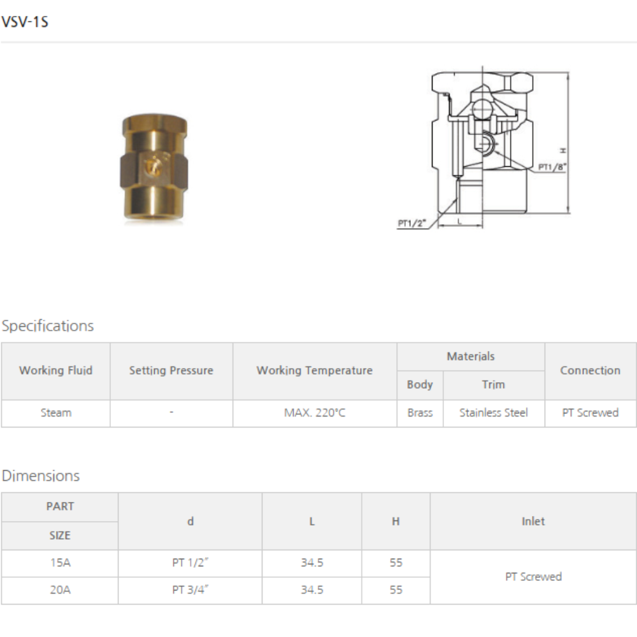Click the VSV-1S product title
(25, 22)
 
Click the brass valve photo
(154, 168)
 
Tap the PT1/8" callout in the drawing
(552, 167)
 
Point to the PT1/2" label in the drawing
(412, 223)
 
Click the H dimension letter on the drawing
(563, 151)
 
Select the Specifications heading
(48, 326)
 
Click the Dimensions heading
(41, 476)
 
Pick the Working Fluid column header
(55, 371)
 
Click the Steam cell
(56, 413)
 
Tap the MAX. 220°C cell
(315, 413)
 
